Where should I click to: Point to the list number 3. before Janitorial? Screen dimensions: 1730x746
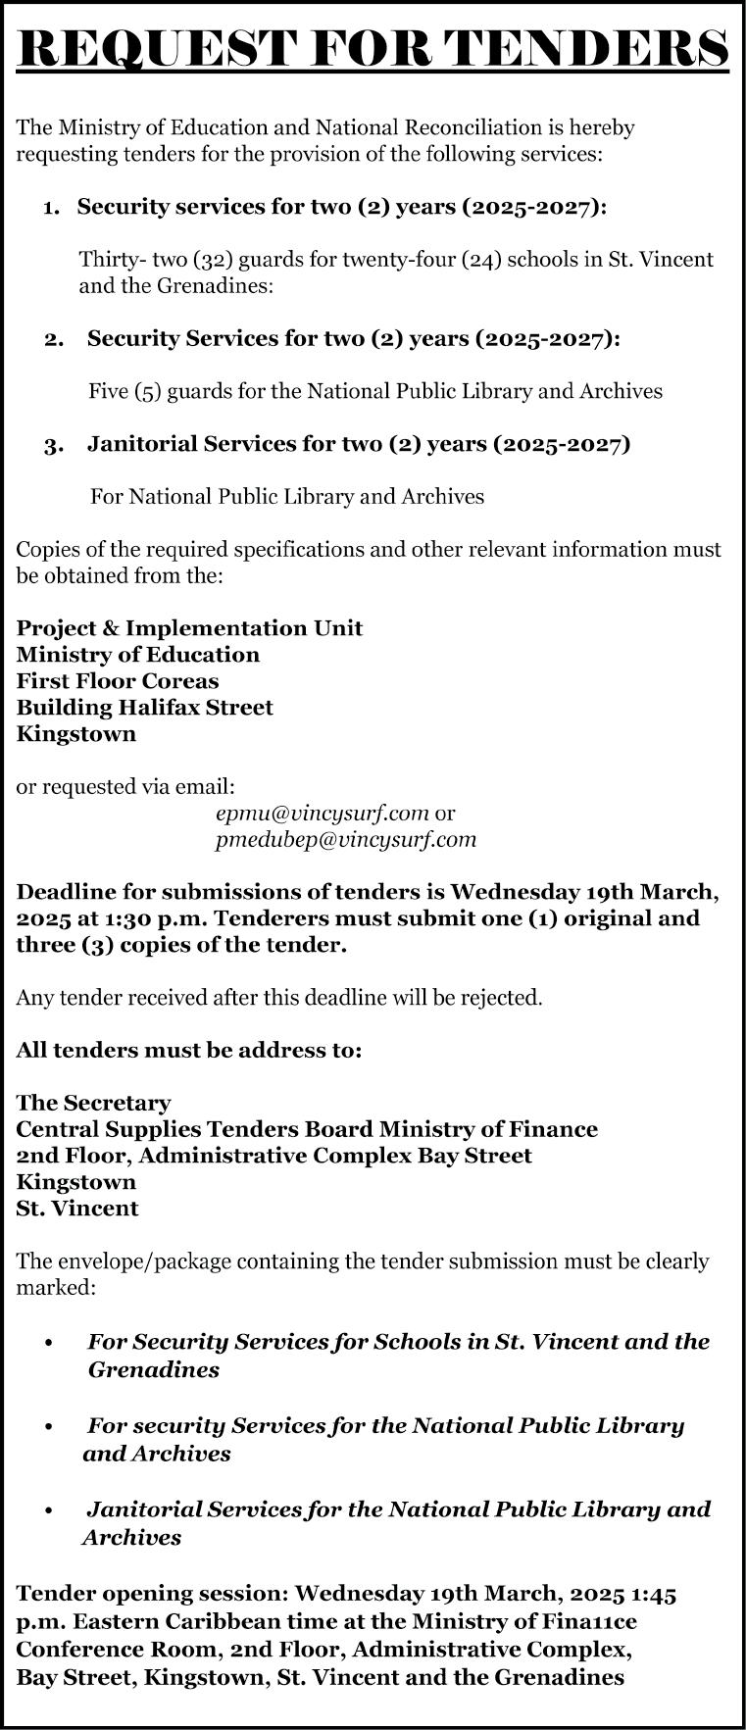point(54,446)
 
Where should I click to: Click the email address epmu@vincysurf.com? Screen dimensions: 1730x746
point(323,813)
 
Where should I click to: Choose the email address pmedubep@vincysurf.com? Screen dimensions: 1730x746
point(346,839)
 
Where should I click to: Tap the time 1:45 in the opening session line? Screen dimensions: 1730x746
point(650,1595)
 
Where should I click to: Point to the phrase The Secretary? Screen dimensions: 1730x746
point(93,1103)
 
